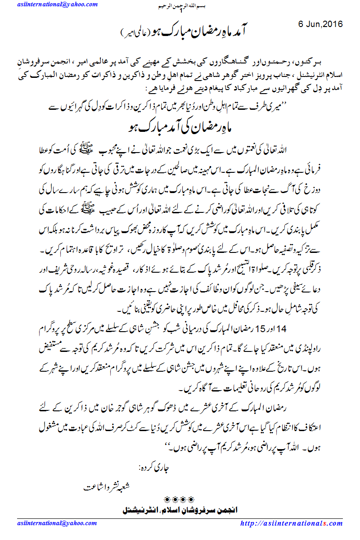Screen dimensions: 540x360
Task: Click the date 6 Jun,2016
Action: tap(320, 24)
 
